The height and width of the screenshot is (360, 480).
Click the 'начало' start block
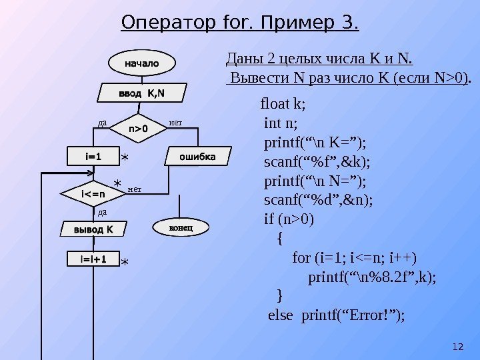(x=142, y=63)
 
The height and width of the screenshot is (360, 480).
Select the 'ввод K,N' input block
(x=142, y=93)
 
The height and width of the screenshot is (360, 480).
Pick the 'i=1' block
(x=93, y=157)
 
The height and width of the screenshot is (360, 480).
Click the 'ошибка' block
(x=198, y=157)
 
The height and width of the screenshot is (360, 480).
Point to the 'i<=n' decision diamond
(x=93, y=194)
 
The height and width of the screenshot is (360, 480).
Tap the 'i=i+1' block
(x=93, y=259)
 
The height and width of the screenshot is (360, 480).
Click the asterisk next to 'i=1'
(x=125, y=159)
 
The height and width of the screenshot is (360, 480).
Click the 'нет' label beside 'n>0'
(x=176, y=123)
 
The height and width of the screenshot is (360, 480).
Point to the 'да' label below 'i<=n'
(x=103, y=212)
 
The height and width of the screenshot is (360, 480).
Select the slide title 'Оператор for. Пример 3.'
(x=240, y=25)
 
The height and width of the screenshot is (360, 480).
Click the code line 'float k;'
(x=283, y=104)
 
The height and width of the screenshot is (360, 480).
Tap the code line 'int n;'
(x=281, y=123)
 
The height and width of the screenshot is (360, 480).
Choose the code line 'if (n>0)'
(x=289, y=219)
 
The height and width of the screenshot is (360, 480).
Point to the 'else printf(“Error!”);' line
(x=336, y=315)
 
